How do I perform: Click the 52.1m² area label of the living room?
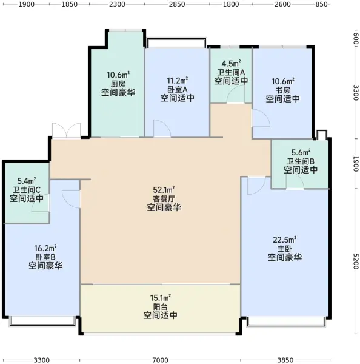pos(164,190)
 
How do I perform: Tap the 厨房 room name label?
pos(118,84)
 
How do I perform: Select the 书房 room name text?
pos(283,90)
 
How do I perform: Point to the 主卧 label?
pos(285,248)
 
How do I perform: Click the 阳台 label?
pos(160,306)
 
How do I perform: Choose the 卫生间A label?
pos(231,72)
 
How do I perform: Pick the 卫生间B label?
pos(301,161)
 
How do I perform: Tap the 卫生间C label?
pos(27,190)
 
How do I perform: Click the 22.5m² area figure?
pos(284,240)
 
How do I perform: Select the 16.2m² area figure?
pos(45,248)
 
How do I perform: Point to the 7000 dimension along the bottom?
pos(160,360)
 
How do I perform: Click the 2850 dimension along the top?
pos(177,4)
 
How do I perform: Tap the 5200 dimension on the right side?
pos(356,261)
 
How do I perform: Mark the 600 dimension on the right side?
pos(356,38)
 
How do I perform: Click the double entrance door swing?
pos(67,130)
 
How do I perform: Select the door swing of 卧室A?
pos(162,129)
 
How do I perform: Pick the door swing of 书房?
pos(261,118)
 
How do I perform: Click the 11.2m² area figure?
pos(178,81)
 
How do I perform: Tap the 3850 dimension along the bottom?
pos(285,360)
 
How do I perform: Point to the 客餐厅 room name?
pos(164,199)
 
